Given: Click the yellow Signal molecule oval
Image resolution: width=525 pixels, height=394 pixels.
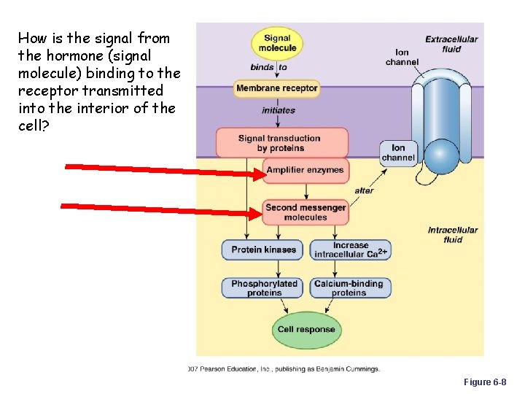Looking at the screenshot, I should point(276,43).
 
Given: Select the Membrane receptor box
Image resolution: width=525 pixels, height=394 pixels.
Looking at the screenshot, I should point(276,88).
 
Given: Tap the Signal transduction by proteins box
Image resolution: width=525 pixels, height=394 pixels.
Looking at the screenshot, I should point(279,143).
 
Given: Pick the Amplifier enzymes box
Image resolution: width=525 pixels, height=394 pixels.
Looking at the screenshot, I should point(305,170).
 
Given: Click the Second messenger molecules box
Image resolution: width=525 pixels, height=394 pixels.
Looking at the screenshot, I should point(306,212).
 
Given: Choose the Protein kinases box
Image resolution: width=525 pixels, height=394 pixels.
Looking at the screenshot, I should point(263,250).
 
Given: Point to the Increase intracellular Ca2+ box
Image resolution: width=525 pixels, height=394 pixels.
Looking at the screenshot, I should point(351,250).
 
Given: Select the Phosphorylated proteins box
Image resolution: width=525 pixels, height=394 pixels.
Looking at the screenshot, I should point(263,288).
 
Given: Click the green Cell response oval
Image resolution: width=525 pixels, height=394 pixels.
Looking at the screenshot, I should point(306,329).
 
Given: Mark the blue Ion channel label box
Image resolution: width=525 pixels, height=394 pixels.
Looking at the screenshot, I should point(398,152).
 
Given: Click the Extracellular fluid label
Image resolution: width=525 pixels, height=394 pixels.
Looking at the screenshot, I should point(451,44).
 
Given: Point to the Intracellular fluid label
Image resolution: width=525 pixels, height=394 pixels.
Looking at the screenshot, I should point(452,235).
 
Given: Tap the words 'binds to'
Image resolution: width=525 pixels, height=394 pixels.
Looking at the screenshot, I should point(268,67).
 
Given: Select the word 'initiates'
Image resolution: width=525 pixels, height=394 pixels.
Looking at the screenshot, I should point(279,110).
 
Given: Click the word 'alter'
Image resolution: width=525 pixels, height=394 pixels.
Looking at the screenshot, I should point(364,190).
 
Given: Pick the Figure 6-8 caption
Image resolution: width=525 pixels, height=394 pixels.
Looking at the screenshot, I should point(484,382).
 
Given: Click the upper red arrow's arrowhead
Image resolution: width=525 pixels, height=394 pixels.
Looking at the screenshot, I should point(257,174).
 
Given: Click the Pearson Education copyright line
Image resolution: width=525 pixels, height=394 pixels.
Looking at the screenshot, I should point(284,369).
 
